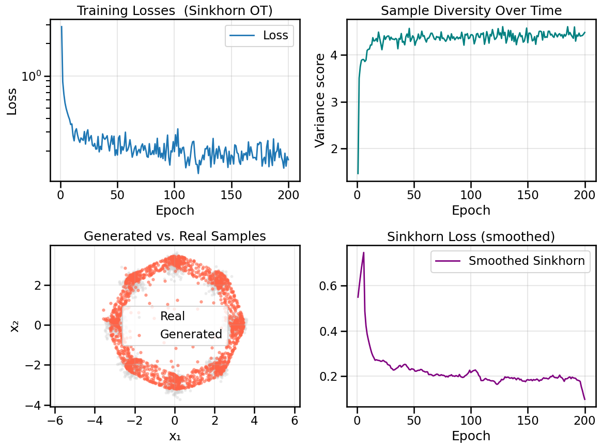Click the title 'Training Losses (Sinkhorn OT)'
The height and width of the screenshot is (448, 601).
[175, 10]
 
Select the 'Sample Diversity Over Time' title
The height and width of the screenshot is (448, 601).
[471, 10]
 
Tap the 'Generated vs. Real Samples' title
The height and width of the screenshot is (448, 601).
[175, 236]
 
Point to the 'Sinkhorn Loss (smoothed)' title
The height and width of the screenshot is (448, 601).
[471, 236]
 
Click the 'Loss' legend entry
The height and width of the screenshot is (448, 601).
[275, 35]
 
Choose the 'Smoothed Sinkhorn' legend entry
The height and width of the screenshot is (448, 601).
[527, 261]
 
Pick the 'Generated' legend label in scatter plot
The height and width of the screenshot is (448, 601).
[191, 334]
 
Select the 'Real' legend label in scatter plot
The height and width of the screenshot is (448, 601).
[173, 316]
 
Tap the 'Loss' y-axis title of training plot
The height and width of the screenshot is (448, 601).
[11, 101]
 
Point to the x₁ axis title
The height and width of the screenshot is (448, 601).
[175, 436]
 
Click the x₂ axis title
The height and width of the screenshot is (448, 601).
[15, 325]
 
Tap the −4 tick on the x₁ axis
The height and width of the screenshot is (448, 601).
[95, 417]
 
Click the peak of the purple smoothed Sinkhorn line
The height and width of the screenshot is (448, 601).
[364, 252]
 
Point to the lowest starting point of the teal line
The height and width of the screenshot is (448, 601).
[358, 173]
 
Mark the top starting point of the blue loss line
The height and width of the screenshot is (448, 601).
[61, 26]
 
